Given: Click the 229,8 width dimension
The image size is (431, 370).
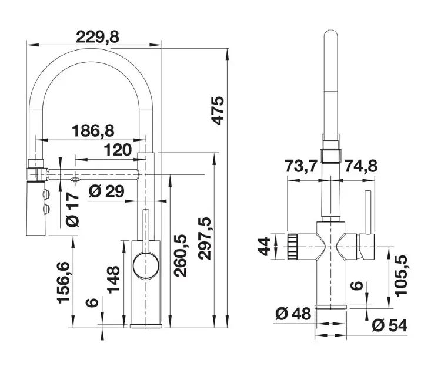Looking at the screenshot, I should point(97,36).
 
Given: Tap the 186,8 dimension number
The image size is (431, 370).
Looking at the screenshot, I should point(93,130).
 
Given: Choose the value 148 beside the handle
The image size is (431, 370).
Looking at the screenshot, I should point(114,282).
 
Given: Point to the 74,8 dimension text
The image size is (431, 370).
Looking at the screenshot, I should point(360,167).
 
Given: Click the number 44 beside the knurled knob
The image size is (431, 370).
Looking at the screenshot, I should point(266,246).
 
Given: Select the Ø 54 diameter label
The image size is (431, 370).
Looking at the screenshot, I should point(390,324).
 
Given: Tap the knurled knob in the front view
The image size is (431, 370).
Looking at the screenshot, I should point(293,245).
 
